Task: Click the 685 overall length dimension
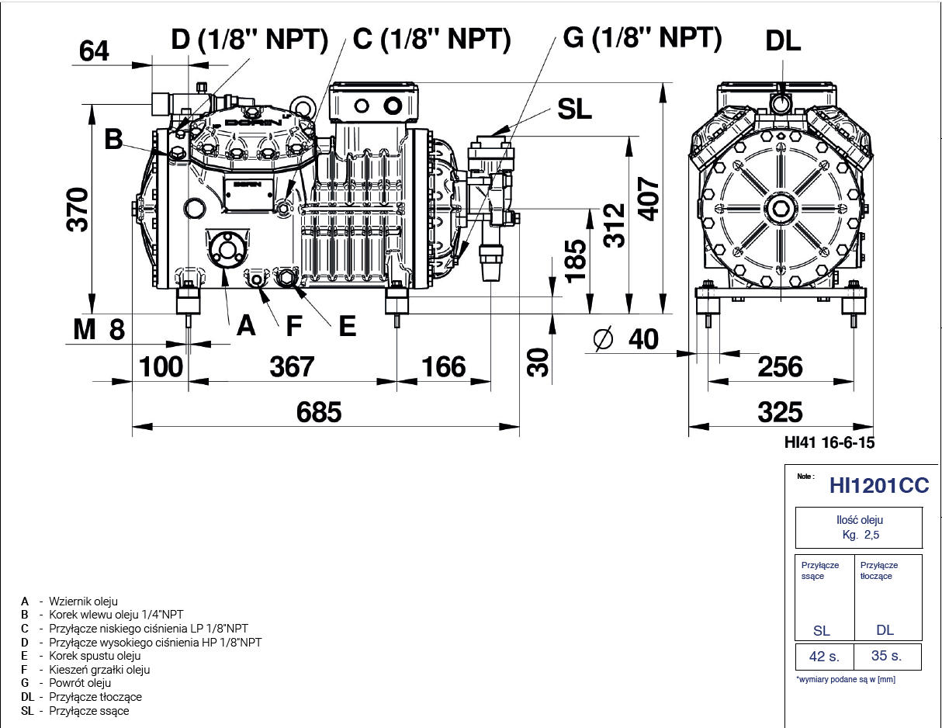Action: pos(319,411)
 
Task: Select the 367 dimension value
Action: pos(292,366)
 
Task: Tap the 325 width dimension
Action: pos(780,411)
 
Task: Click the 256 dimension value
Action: pos(780,366)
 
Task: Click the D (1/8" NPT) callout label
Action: pos(249,40)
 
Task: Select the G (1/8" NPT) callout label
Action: pos(642,36)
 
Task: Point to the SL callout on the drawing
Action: pos(574,109)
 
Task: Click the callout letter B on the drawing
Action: pos(113,140)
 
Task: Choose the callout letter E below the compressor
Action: pos(347,326)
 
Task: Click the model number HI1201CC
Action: pos(878,486)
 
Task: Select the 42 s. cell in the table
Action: pos(824,656)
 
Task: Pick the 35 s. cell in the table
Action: pos(886,656)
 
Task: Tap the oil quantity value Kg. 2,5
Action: pos(861,535)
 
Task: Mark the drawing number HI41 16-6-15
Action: pos(829,443)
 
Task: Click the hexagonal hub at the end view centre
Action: pos(778,208)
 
